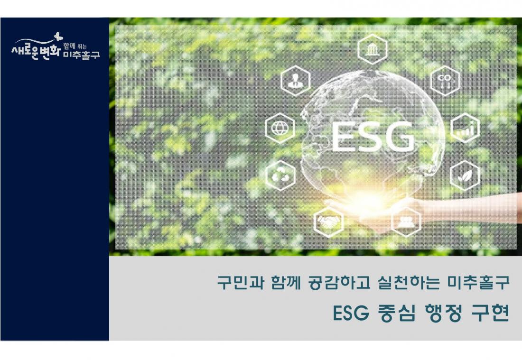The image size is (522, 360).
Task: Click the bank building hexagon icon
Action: (373, 50)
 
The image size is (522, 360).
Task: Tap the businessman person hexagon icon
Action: (295, 81)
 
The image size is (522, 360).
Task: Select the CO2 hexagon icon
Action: (445, 81)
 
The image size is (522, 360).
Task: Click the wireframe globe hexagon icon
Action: (280, 128)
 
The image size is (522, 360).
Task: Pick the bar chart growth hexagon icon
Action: (465, 128)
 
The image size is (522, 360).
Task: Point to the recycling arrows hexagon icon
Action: (280, 175)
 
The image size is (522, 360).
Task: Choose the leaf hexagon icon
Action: (465, 175)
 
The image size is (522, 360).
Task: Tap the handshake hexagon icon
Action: (328, 222)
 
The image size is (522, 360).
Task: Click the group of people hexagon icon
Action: (406, 222)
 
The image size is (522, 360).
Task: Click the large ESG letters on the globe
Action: (373, 137)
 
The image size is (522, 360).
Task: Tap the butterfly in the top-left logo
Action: (58, 36)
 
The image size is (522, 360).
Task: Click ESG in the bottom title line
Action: (351, 313)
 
